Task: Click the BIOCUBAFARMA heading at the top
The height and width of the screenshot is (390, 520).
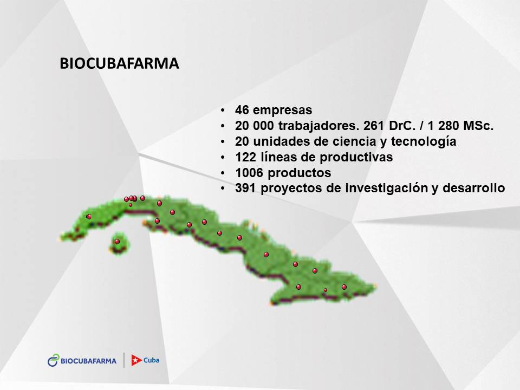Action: tap(119, 63)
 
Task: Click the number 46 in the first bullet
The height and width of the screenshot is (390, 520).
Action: tap(242, 110)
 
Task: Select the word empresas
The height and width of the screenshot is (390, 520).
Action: tap(283, 110)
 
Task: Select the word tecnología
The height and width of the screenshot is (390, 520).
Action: tap(424, 141)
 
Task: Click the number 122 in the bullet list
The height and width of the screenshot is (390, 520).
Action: tap(246, 157)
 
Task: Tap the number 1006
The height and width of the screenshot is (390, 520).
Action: tap(249, 172)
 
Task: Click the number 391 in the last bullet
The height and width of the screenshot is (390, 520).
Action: tap(246, 188)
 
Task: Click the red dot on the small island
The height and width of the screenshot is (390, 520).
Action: tap(117, 242)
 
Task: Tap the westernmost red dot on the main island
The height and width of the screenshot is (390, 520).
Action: tap(89, 217)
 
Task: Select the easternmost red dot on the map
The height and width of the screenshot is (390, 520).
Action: tap(344, 287)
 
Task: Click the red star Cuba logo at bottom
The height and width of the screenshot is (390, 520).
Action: tap(145, 360)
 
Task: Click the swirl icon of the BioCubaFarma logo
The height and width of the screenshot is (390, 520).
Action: tap(53, 360)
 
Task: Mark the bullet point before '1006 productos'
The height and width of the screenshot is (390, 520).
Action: tap(223, 173)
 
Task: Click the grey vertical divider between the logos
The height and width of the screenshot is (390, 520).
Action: tap(124, 360)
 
